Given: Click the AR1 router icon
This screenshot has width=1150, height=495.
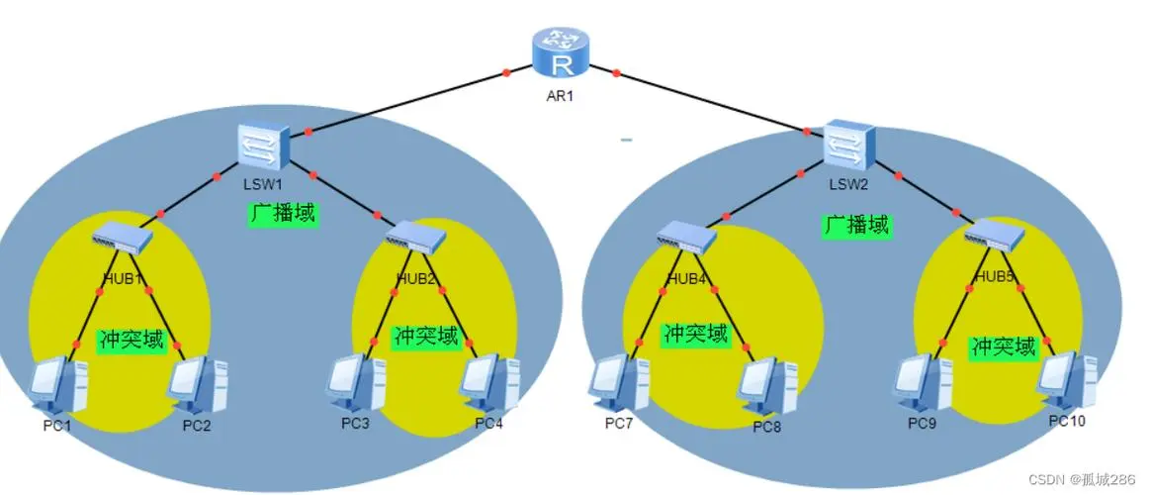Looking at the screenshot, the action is [561, 54].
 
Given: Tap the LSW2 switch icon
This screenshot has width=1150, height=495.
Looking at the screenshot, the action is [850, 147].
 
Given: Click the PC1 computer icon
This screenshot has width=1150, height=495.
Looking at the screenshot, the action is [58, 385].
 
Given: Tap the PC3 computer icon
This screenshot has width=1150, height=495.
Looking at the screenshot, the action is [356, 382].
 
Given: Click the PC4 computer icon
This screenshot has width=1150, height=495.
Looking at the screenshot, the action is [489, 383].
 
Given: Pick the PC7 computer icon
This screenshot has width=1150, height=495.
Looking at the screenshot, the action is [619, 382].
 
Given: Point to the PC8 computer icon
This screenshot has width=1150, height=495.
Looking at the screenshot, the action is [767, 387].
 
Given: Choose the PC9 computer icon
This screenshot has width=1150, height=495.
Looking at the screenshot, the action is [923, 382].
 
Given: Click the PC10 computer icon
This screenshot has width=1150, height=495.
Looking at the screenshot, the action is [1067, 380].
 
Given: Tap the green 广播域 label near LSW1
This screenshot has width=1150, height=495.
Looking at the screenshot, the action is [283, 215].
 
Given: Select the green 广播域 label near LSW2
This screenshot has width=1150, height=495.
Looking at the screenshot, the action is [855, 225].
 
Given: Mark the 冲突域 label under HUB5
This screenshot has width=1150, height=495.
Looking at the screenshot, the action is [1004, 346].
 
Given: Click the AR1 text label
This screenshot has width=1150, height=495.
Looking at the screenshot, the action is [560, 95].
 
